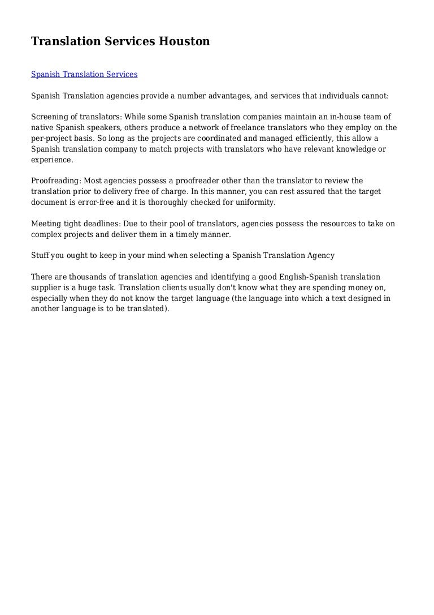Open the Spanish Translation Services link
pyautogui.click(x=84, y=74)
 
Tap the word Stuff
pyautogui.click(x=41, y=256)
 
